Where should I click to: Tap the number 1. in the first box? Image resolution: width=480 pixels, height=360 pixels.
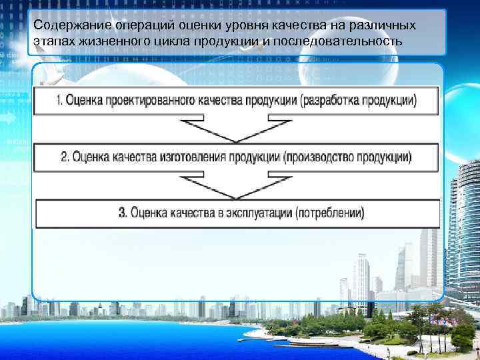(59, 101)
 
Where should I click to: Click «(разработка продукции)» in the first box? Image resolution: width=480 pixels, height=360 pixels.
(358, 101)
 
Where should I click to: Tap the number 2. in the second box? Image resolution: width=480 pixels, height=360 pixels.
(65, 157)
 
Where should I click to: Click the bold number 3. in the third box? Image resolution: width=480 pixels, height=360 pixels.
(123, 213)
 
